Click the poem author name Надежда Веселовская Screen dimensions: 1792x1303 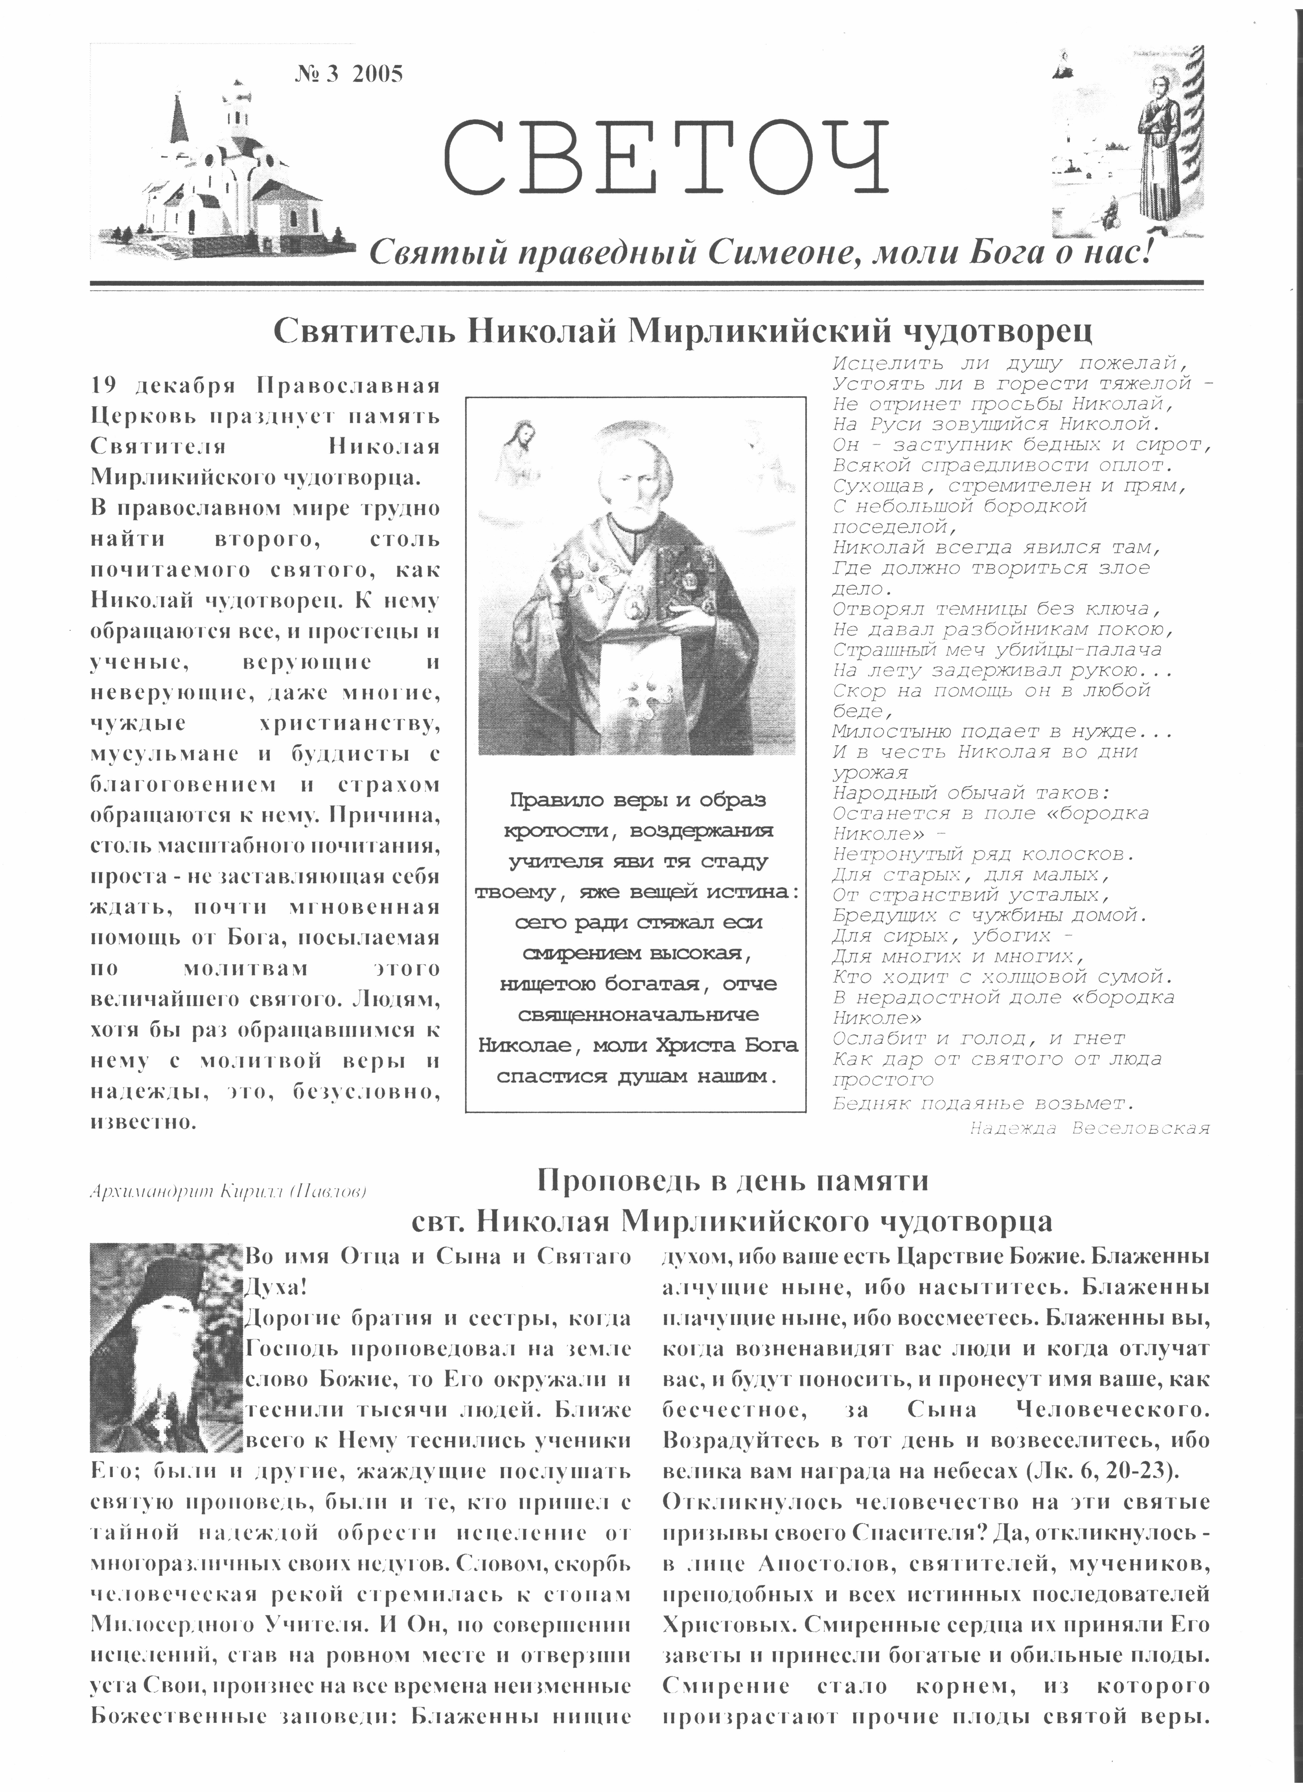coord(1089,1128)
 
